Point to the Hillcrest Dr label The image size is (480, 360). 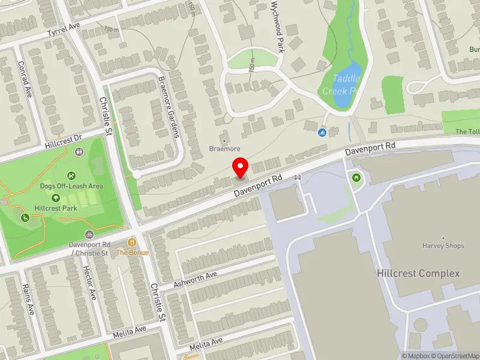click(63, 142)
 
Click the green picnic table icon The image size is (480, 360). click(357, 177)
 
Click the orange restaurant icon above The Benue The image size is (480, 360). click(132, 242)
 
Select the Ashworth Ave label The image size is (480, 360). click(195, 279)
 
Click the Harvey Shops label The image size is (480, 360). click(443, 246)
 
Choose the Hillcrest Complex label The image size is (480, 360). click(418, 274)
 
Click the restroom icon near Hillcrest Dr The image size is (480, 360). click(79, 152)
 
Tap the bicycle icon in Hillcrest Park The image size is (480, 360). click(88, 234)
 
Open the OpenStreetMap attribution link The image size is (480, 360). click(457, 356)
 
